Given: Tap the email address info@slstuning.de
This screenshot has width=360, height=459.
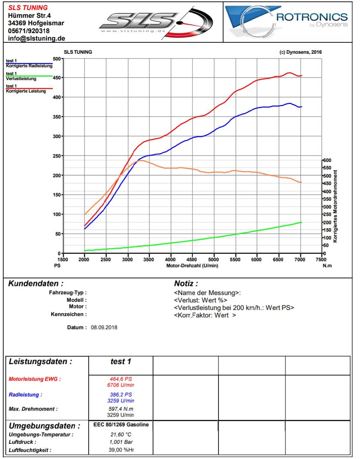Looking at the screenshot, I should coord(36,38).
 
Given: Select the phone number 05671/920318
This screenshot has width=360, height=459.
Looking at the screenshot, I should coord(29,31).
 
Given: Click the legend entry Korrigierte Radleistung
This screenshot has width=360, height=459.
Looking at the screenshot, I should coord(29,66).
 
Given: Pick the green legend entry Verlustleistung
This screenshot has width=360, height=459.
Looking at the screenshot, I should coord(21,79).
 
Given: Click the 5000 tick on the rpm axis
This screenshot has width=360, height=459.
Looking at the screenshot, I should coord(214,260).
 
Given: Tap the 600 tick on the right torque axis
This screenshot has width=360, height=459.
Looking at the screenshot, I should coord(327,160).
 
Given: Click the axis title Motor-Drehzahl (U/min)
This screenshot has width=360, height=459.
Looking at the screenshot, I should coord(192,266).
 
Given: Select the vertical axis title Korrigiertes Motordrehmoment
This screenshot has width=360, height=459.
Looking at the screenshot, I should coord(335,206).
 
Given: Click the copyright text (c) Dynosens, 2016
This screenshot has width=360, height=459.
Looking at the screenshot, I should coord(301,52).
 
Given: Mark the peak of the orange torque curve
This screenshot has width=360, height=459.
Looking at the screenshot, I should coord(141,160).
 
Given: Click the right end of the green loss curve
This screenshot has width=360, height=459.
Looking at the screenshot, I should coord(301,222).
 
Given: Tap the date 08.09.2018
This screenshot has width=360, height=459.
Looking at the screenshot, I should coord(104,327).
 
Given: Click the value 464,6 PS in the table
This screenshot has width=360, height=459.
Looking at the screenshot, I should coord(121,379).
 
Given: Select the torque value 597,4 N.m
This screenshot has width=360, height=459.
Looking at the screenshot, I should coord(121,409).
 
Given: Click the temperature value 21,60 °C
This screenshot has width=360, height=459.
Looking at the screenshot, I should coord(121,434).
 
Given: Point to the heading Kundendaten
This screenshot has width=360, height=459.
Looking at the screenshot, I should coord(36,284).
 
